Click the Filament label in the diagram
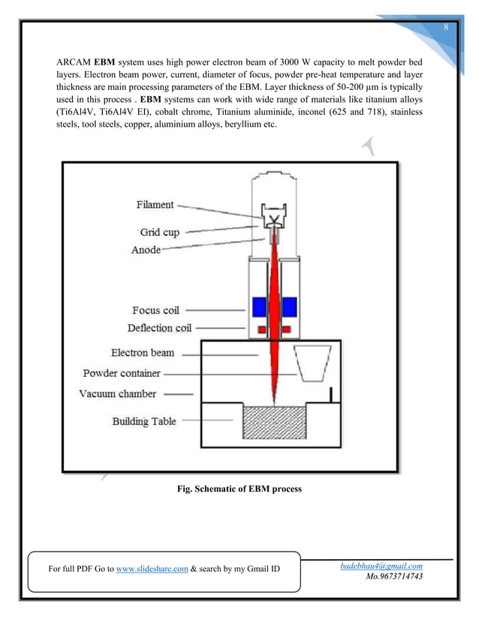tap(155, 204)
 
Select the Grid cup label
tap(160, 232)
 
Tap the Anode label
tap(146, 249)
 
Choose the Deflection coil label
tap(159, 328)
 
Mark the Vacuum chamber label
tap(118, 393)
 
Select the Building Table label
tap(144, 421)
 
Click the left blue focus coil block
tap(260, 308)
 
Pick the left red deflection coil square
tap(261, 330)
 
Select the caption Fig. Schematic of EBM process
tap(239, 489)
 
